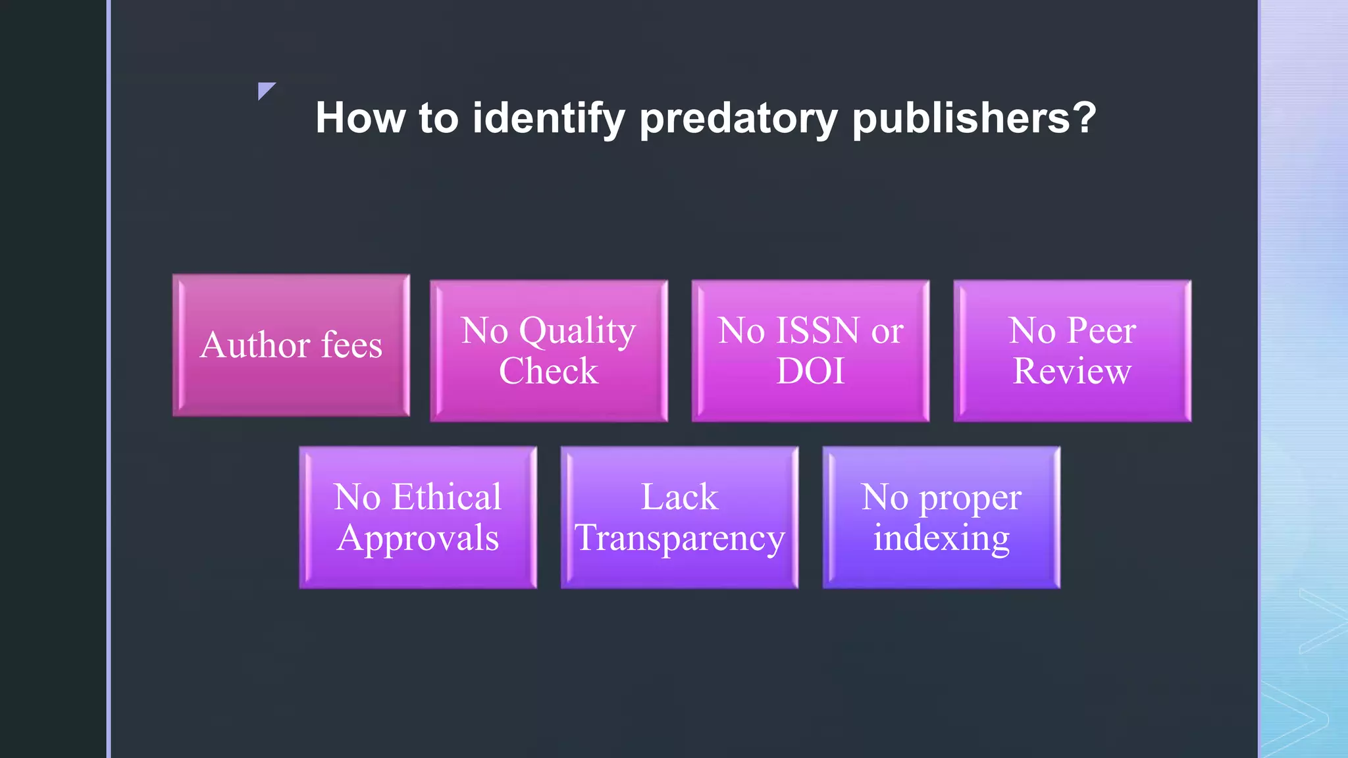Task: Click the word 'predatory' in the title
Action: [x=739, y=118]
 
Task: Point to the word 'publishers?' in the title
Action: [x=974, y=118]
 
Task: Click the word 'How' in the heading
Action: [x=359, y=118]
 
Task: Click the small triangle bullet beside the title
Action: [x=265, y=90]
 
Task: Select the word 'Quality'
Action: [x=577, y=331]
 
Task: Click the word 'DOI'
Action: [x=810, y=371]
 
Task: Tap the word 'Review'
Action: [x=1072, y=371]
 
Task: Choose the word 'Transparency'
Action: [x=680, y=539]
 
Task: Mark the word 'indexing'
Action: [x=941, y=539]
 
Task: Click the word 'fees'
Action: [x=351, y=345]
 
